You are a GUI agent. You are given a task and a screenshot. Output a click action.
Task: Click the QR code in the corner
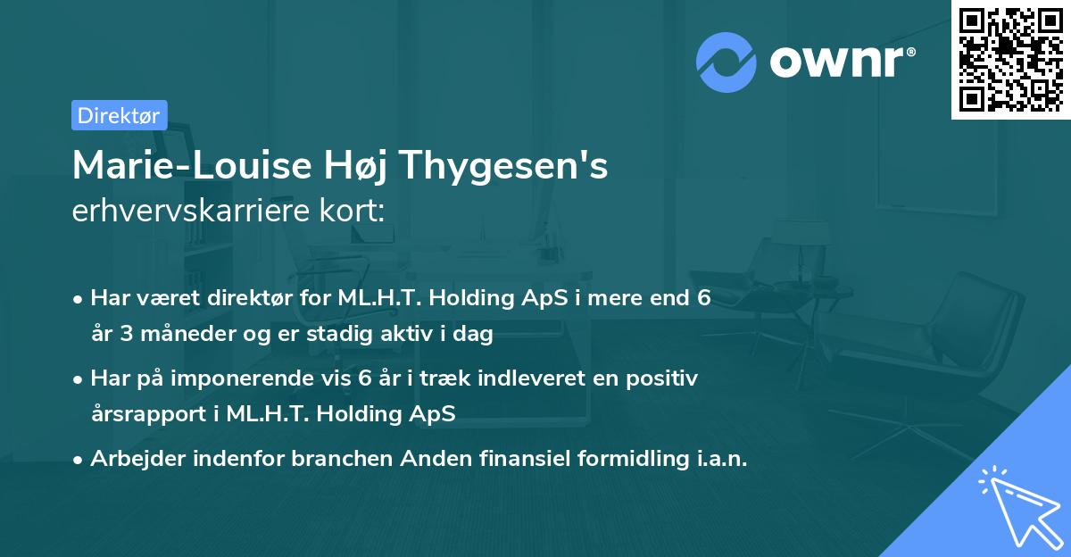tap(1010, 59)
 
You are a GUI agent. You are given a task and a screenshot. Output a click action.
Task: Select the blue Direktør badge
tap(119, 115)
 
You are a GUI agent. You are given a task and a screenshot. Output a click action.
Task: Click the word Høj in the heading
tap(364, 166)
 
